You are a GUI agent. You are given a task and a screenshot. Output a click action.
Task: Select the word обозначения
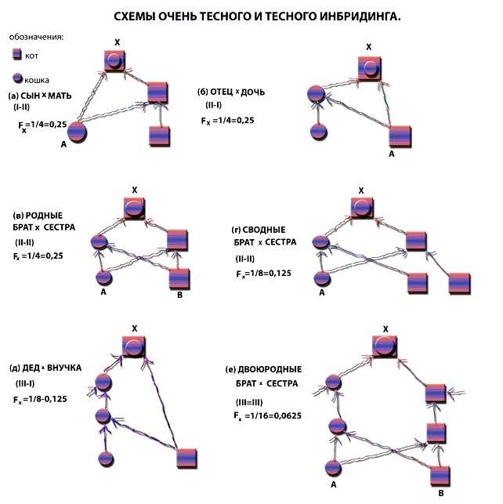37,37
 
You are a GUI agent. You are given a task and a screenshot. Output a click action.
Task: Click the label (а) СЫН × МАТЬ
40,95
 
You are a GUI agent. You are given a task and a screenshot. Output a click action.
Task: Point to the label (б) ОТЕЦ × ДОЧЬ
231,92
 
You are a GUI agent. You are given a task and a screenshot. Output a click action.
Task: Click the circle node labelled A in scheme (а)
76,132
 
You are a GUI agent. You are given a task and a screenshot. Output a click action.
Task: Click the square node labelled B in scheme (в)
180,278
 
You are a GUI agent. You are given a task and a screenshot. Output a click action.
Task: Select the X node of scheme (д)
134,346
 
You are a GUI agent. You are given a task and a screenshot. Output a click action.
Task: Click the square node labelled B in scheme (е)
441,475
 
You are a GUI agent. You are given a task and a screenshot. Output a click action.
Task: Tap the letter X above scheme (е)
385,328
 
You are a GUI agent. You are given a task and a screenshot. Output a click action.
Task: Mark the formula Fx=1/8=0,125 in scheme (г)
265,274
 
